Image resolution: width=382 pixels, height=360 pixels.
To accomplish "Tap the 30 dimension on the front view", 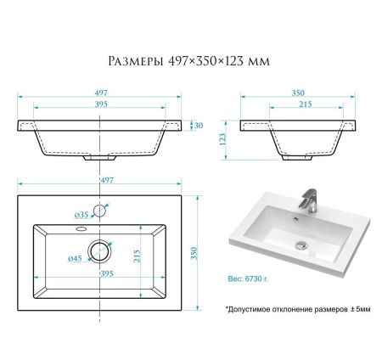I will (x=199, y=126).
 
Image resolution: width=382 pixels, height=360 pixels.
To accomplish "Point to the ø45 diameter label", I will (x=76, y=258).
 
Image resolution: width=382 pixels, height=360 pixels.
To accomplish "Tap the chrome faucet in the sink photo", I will (x=310, y=200).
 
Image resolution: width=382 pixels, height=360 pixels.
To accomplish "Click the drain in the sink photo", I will (x=300, y=245).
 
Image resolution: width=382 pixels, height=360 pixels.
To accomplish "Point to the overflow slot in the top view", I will (x=81, y=227).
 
